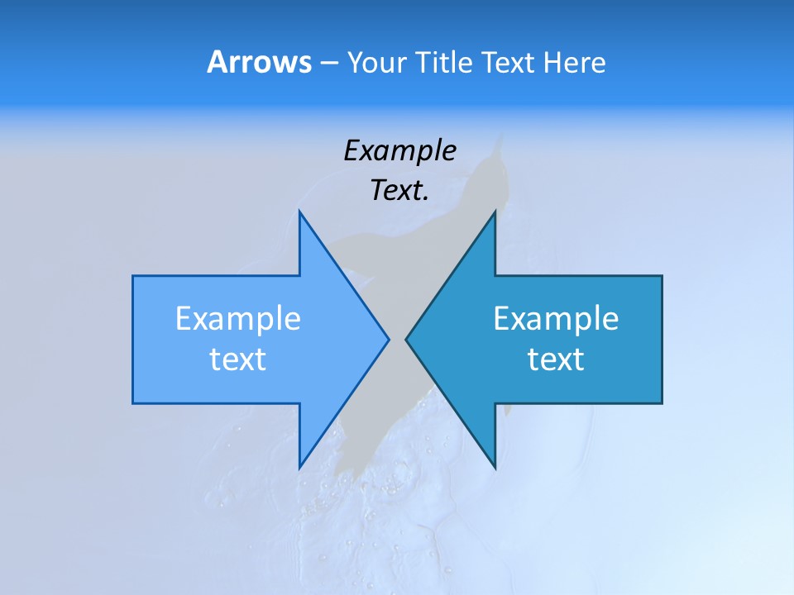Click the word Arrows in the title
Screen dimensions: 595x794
tap(258, 62)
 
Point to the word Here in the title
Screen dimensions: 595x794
tap(575, 62)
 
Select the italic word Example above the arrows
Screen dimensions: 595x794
tap(399, 150)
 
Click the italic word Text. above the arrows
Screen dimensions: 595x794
tap(399, 190)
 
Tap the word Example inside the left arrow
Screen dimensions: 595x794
tap(238, 318)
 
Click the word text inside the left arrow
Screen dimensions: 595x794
tap(238, 359)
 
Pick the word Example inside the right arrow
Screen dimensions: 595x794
tap(556, 318)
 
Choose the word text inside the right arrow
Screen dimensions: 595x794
tap(556, 359)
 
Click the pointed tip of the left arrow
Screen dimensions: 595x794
tap(388, 339)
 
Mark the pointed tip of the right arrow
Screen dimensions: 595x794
tap(406, 339)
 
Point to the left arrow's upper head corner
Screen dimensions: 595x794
tap(299, 212)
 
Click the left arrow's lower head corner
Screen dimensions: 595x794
tap(299, 467)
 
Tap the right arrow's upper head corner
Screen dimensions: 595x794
tap(495, 212)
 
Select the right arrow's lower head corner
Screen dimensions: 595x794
tap(495, 467)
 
